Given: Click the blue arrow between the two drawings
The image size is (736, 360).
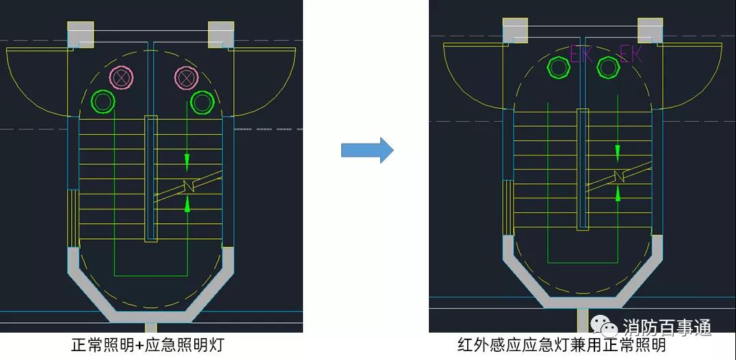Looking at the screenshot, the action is coord(367,150).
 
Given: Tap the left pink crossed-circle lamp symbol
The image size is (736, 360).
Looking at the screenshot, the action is coord(122,77).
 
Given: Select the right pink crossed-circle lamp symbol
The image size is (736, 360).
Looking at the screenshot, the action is coord(186,77).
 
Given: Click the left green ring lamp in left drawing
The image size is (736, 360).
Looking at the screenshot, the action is coord(103,101).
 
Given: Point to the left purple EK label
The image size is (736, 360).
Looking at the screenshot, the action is coord(581,55).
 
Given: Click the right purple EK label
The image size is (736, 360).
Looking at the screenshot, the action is coord(631,55).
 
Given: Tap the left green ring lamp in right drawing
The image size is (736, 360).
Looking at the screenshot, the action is coord(559,67).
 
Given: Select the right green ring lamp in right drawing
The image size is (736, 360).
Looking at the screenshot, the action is coord(608,67).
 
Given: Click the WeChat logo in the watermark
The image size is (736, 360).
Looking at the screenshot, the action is coord(604,326).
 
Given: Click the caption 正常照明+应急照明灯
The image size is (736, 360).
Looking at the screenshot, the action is coord(147,346).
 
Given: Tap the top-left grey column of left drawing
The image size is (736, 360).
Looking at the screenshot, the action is coord(80,34).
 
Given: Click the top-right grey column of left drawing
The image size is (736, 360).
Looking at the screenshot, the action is coord(221,34).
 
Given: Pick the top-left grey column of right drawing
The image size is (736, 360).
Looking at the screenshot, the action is coord(515,31).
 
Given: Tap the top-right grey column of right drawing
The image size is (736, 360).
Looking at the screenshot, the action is coord(650,31).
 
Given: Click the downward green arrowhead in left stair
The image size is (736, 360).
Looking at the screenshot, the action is coord(187,162).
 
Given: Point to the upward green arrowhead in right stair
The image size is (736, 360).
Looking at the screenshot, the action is coord(618,193).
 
